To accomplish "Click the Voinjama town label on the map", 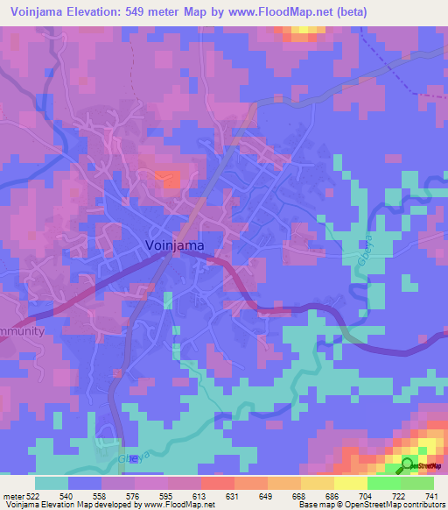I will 175,246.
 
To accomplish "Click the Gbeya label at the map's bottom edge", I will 129,457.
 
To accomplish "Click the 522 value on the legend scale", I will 34,496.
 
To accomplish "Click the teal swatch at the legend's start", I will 51,483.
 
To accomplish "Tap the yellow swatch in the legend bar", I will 351,483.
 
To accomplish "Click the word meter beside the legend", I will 12,496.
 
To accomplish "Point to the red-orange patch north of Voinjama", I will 168,179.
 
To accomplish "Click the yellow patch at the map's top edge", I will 303,32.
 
